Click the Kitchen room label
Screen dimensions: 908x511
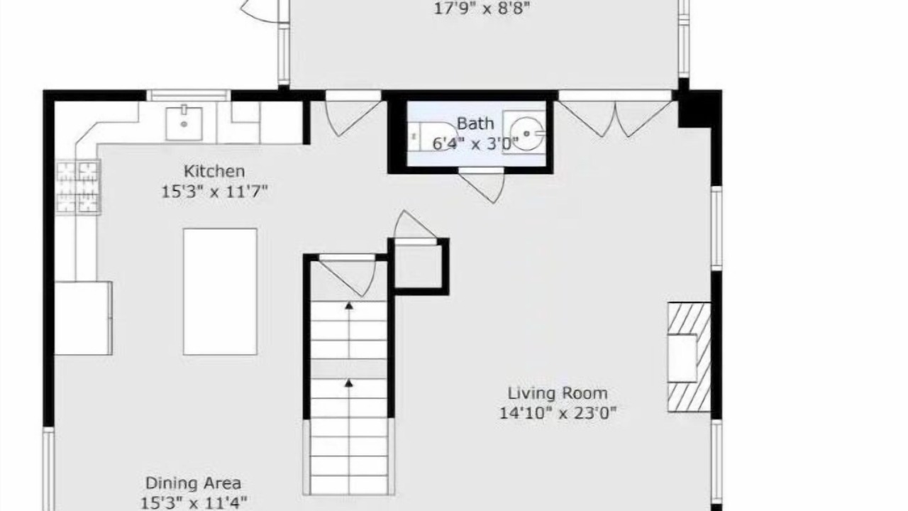pos(214,171)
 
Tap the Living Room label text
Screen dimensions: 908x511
pos(558,393)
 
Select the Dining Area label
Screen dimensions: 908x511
pos(194,483)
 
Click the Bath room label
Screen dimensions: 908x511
pos(475,123)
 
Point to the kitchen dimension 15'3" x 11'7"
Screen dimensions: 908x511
pos(214,192)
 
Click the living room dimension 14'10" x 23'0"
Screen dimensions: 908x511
pos(558,413)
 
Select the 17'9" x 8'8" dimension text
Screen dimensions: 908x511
pos(482,8)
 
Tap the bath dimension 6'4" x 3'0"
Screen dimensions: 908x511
pos(475,143)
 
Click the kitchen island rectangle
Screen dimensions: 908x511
pos(220,292)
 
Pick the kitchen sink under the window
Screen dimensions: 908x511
pos(184,123)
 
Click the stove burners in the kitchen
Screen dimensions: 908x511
pos(78,187)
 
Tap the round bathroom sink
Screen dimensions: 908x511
pos(526,133)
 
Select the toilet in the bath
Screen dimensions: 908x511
pos(430,136)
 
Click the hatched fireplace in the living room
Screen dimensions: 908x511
pos(689,357)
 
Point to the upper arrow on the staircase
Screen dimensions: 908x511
pos(348,306)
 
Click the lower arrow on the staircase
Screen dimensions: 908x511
pos(348,383)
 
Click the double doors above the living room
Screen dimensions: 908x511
pos(615,118)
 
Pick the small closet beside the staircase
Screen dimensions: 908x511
pos(419,266)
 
